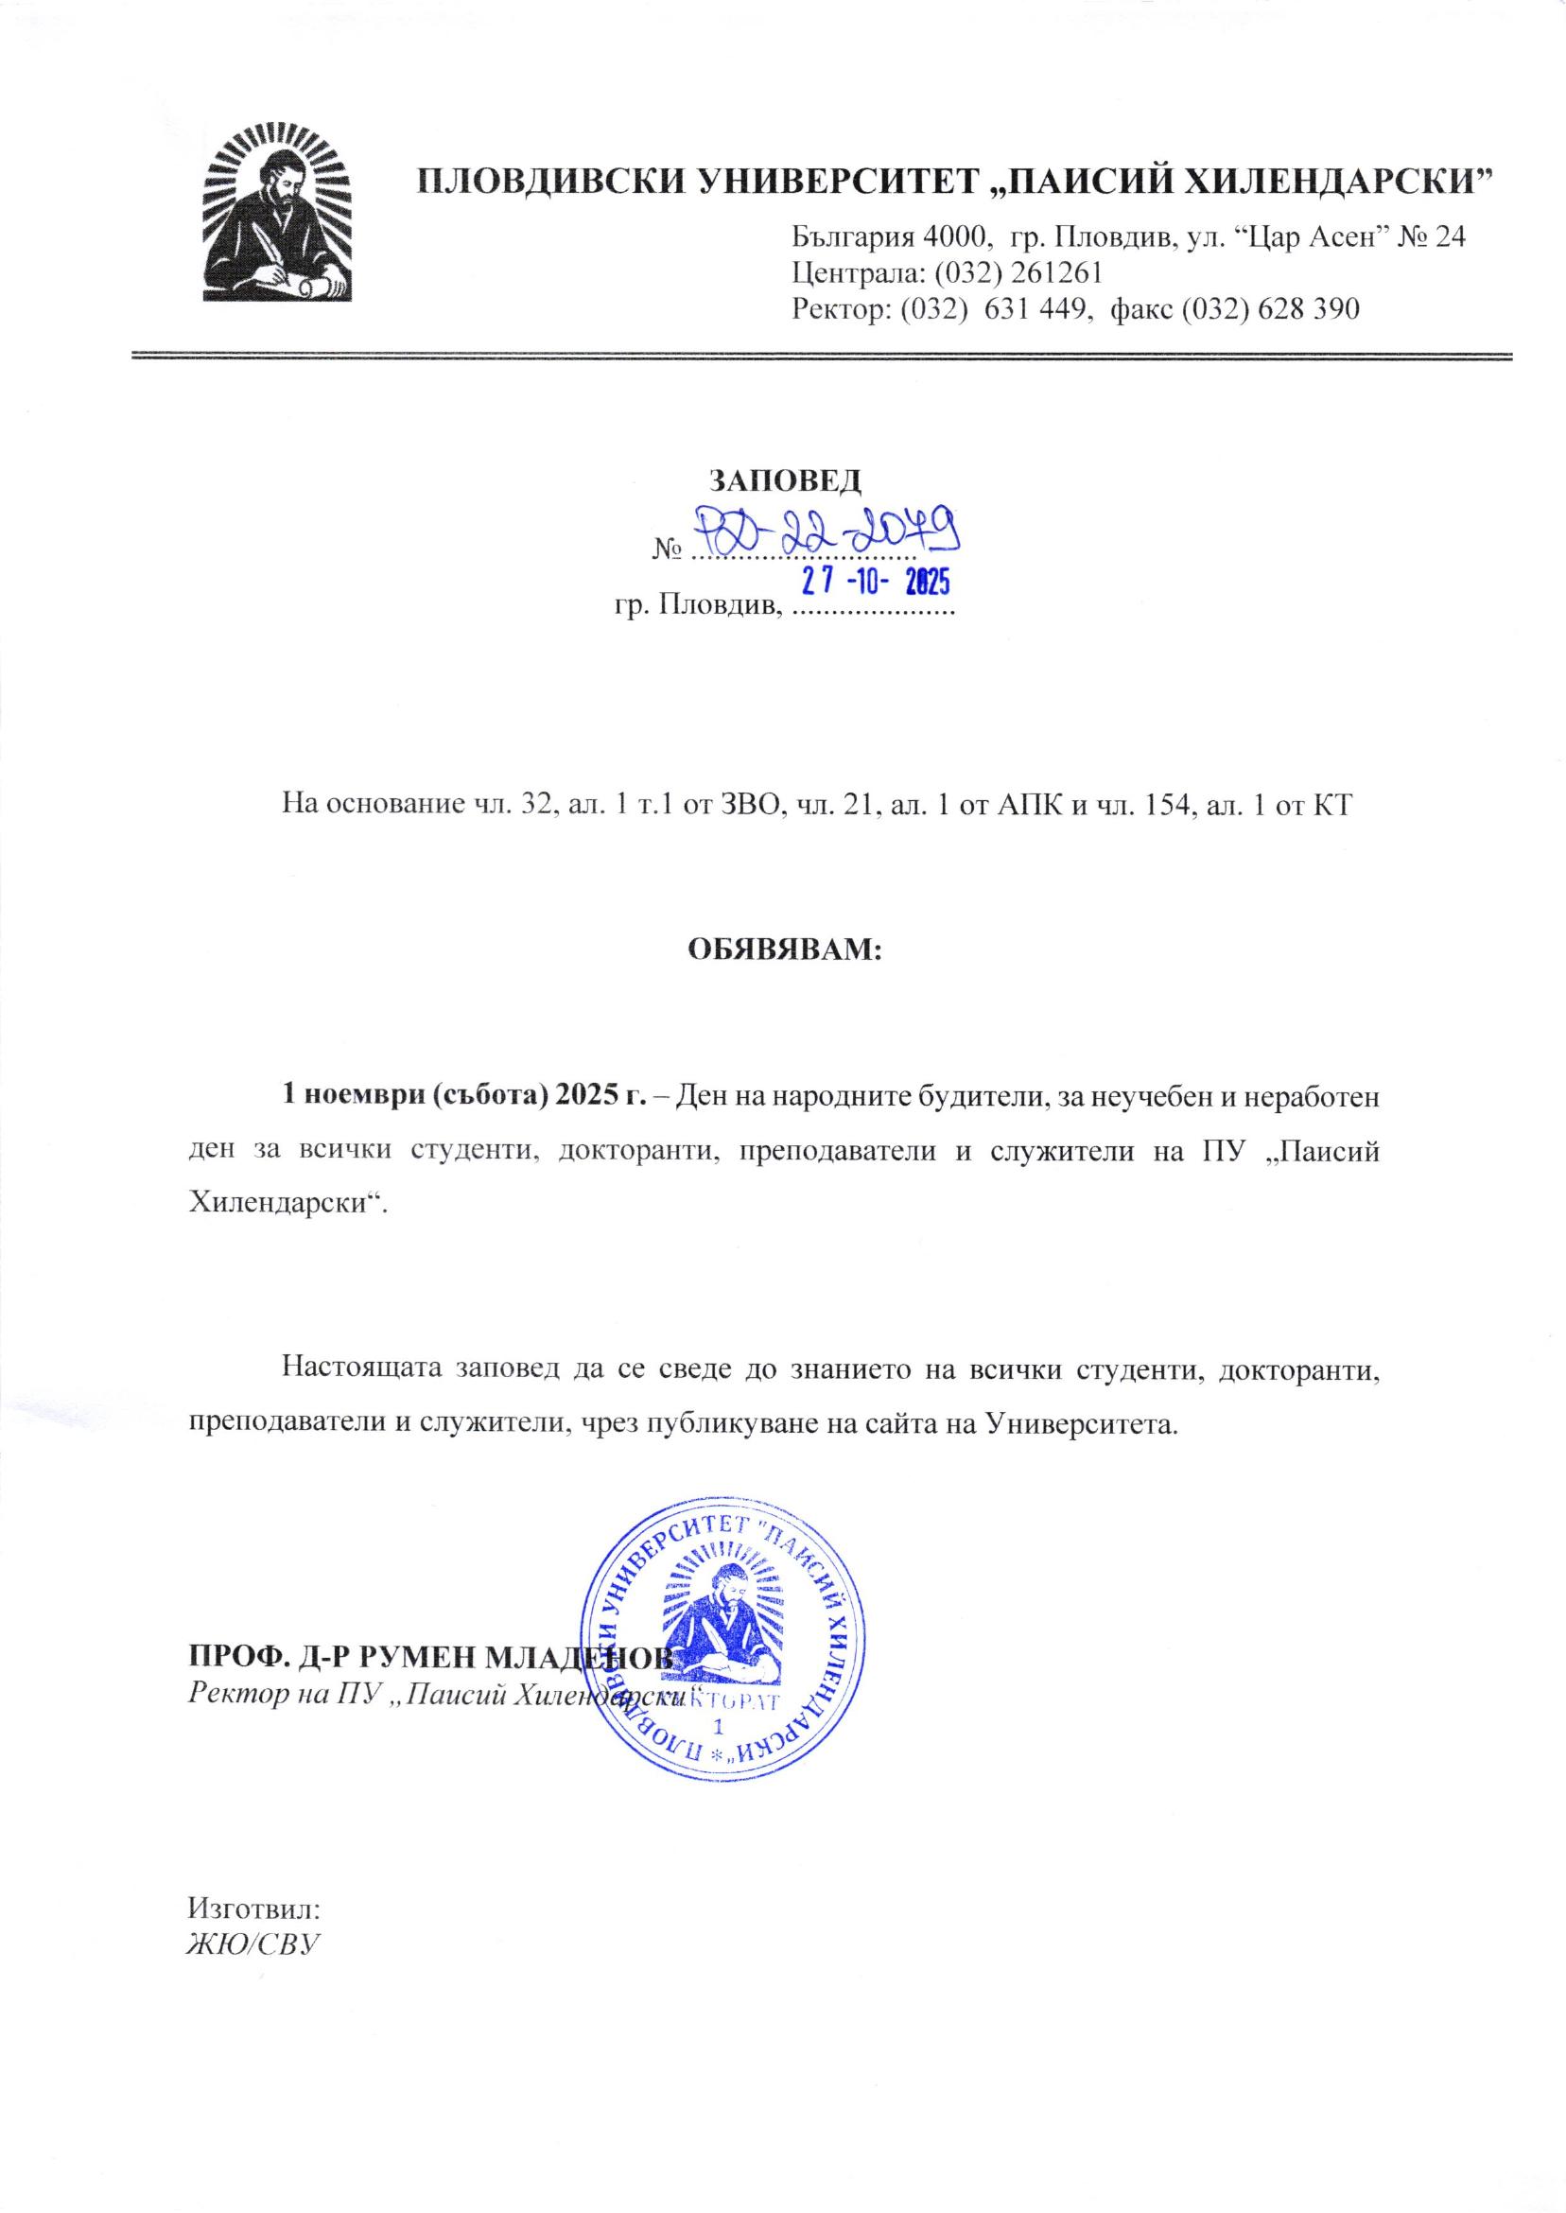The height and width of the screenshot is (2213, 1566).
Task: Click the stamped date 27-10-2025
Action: (x=872, y=582)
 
